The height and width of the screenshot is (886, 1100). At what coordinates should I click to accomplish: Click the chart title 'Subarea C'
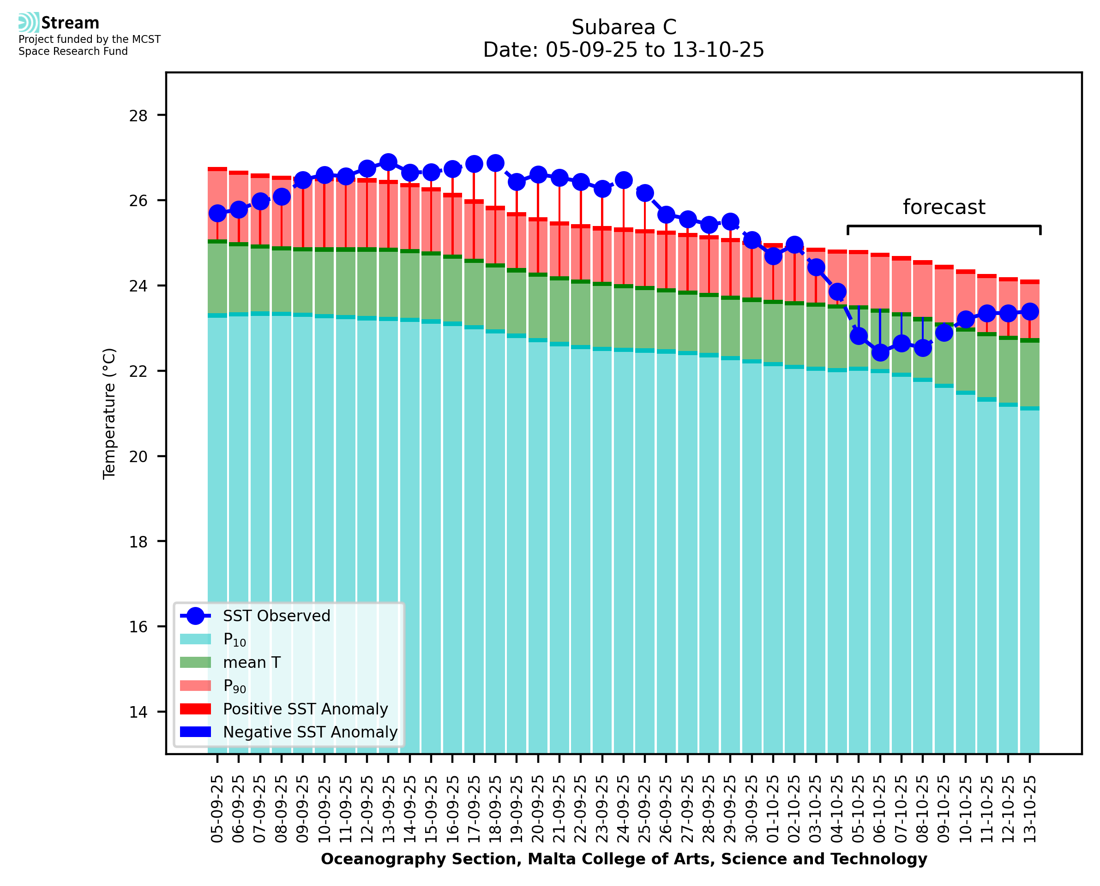[x=624, y=27]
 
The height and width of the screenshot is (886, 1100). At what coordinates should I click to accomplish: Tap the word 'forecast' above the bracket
[x=944, y=207]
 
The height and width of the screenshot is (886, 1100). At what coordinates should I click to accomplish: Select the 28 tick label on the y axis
[x=138, y=116]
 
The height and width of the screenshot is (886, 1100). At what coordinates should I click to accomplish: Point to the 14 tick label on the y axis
[x=138, y=712]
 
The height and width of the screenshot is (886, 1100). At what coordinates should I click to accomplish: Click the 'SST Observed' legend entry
[x=277, y=616]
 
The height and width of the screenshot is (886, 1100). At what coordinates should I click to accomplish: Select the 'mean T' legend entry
[x=252, y=662]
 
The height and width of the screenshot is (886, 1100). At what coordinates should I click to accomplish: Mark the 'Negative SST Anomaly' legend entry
[x=310, y=732]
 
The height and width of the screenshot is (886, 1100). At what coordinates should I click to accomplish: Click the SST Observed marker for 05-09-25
[x=217, y=214]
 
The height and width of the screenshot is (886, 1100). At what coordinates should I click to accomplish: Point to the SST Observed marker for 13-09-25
[x=388, y=162]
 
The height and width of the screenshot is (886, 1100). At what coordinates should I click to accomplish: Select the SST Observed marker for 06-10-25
[x=880, y=352]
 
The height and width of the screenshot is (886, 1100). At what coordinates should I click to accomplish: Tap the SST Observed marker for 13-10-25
[x=1029, y=311]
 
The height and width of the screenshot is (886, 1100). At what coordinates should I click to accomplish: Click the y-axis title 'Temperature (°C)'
[x=109, y=413]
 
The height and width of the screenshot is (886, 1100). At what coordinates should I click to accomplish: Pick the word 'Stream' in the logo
[x=70, y=23]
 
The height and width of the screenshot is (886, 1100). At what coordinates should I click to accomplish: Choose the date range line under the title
[x=624, y=50]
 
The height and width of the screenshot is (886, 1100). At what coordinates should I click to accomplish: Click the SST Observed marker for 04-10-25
[x=837, y=292]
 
